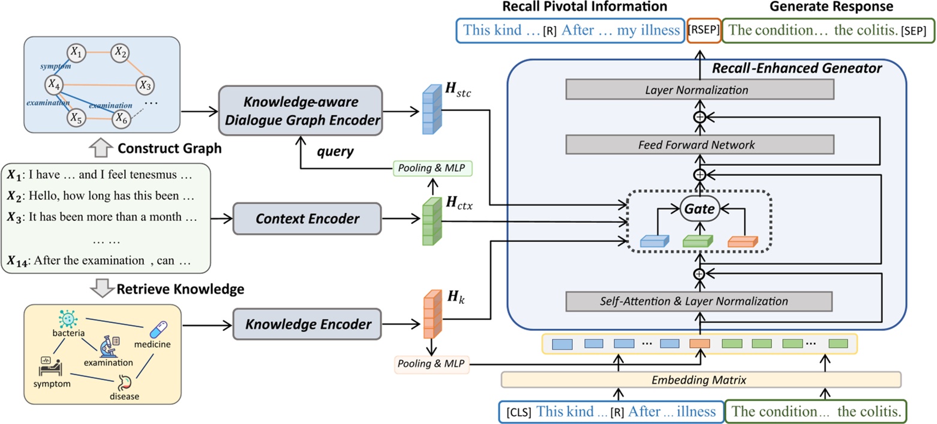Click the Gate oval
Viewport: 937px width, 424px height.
(699, 210)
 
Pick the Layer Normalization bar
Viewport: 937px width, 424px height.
(699, 91)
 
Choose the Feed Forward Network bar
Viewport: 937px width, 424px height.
(699, 144)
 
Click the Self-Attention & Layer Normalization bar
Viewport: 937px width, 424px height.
(699, 300)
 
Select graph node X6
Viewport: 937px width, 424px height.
(122, 118)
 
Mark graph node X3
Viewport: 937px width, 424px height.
(144, 85)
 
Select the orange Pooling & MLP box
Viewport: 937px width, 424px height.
(432, 363)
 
